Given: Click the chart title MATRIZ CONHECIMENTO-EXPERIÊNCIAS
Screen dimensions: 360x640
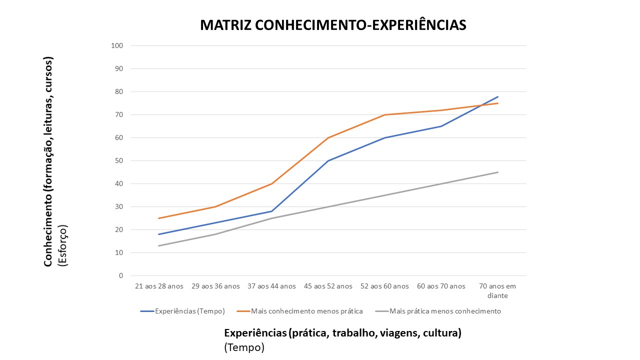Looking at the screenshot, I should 333,25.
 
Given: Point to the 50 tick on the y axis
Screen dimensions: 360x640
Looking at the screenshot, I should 119,160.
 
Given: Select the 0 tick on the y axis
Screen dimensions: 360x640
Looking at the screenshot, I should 121,275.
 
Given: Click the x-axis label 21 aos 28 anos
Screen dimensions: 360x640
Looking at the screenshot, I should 159,286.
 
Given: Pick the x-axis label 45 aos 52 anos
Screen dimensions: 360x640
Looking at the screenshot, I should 328,286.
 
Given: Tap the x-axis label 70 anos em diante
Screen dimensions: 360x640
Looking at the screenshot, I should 497,290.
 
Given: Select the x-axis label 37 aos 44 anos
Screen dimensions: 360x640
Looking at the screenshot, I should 271,286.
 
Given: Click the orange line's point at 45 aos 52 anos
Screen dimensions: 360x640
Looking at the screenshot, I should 328,137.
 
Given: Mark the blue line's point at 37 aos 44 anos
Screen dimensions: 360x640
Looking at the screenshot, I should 271,211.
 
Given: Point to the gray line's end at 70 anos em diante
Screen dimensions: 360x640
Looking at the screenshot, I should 497,172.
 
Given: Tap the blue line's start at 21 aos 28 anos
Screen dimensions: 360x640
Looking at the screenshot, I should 159,234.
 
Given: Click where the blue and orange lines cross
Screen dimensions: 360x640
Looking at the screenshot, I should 481,105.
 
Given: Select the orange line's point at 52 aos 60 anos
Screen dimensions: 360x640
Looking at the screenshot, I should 384,114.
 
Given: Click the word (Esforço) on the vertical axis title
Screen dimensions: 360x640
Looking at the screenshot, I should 63,245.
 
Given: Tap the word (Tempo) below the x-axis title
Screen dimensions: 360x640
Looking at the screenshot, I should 244,347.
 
